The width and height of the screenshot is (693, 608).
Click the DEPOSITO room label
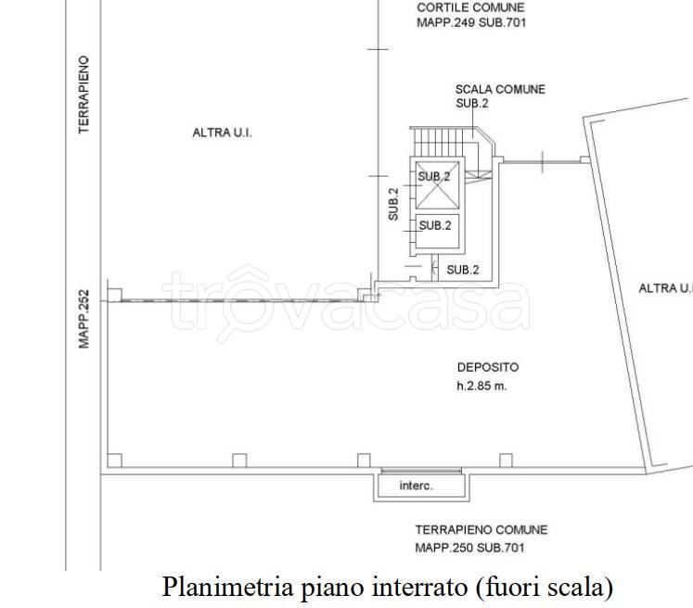[x=488, y=367]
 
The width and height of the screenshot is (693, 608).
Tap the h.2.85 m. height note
[x=481, y=386]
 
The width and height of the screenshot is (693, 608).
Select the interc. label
[x=416, y=486]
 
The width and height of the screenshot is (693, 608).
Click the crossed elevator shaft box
[x=438, y=185]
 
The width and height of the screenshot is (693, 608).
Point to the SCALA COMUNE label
[x=500, y=89]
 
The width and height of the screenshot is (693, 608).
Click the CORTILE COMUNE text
[x=470, y=7]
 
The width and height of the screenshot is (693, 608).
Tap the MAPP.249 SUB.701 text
[x=471, y=22]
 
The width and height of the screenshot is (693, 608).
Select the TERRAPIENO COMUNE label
[x=481, y=530]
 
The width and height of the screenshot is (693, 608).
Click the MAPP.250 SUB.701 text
[x=469, y=548]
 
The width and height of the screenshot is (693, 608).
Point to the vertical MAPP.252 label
[x=83, y=319]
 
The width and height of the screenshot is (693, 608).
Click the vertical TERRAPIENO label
[x=83, y=95]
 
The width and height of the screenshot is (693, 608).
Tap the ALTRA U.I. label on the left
[x=222, y=133]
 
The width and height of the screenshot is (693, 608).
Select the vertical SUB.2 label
[x=393, y=205]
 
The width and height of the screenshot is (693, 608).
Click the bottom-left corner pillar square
[x=115, y=460]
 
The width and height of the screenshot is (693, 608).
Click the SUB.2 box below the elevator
[x=438, y=232]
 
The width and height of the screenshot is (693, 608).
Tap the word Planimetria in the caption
[x=228, y=588]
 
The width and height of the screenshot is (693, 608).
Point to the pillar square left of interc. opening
[x=364, y=460]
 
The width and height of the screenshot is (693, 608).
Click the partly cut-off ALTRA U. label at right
[x=665, y=288]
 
